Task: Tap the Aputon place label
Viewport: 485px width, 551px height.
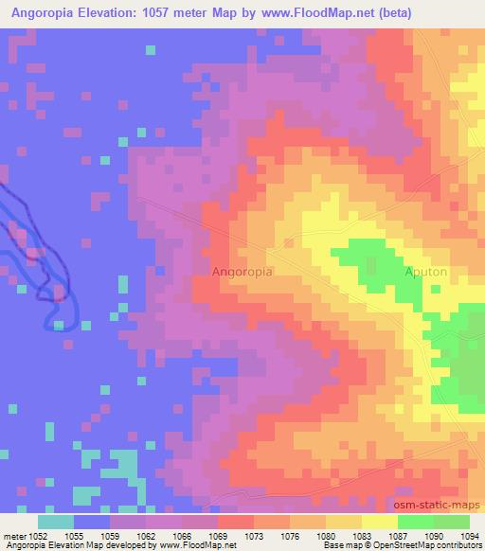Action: pyautogui.click(x=426, y=272)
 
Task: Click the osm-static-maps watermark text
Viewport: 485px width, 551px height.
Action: pyautogui.click(x=437, y=504)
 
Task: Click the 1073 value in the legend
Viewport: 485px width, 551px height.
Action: pyautogui.click(x=254, y=535)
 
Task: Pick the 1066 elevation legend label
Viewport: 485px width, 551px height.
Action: pyautogui.click(x=182, y=535)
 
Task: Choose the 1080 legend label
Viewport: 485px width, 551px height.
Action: pyautogui.click(x=327, y=535)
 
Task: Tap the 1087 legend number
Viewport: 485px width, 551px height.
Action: pyautogui.click(x=399, y=535)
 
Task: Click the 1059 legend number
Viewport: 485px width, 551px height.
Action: pyautogui.click(x=110, y=535)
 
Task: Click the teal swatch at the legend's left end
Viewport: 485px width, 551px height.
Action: pyautogui.click(x=56, y=522)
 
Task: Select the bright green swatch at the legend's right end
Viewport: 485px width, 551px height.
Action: pyautogui.click(x=451, y=522)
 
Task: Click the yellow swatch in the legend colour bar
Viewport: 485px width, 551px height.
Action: pyautogui.click(x=379, y=522)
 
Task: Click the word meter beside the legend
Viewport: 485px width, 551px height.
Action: pyautogui.click(x=12, y=535)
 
